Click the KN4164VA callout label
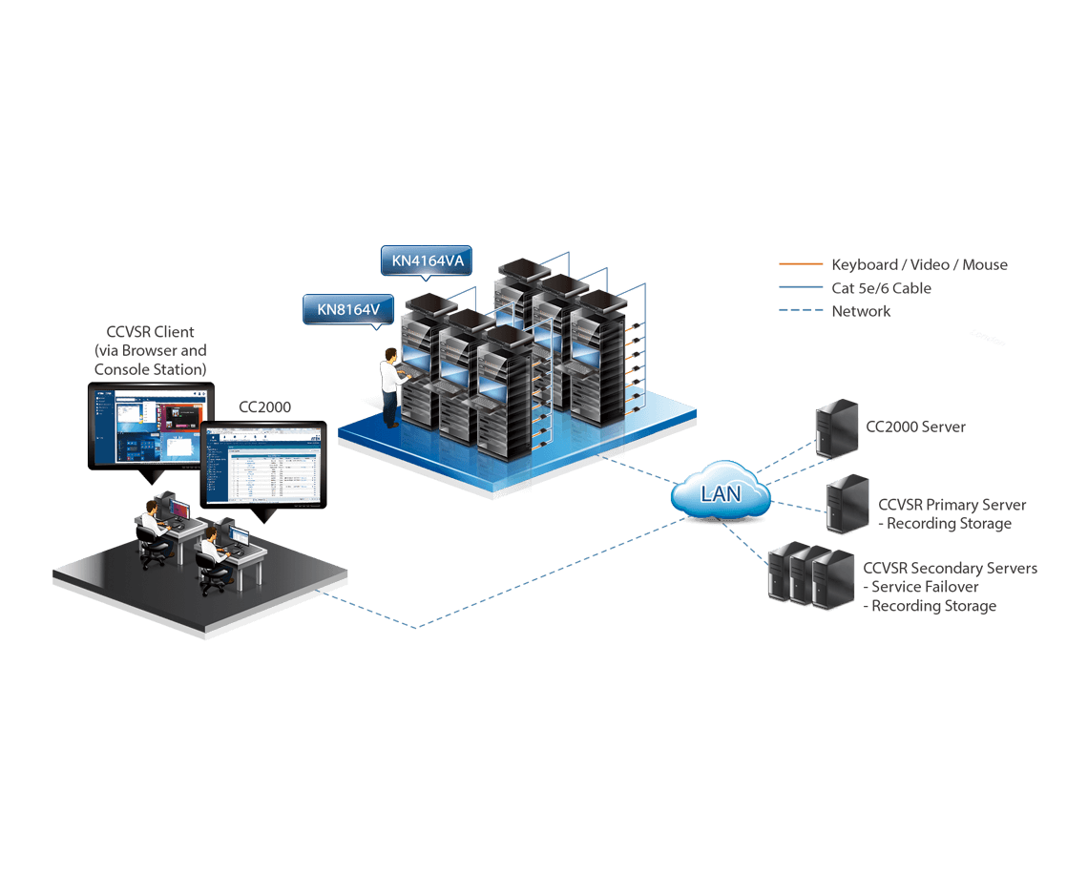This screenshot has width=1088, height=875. click(x=426, y=261)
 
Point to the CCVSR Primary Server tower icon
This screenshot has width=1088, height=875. click(x=847, y=503)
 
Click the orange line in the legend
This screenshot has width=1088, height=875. click(x=800, y=264)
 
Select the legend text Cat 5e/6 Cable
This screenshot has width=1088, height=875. click(x=881, y=288)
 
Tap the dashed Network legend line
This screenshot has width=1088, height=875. click(x=800, y=311)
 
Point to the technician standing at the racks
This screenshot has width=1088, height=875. click(x=389, y=387)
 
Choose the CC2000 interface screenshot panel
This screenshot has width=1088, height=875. click(x=263, y=464)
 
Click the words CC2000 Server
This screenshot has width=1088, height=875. click(x=915, y=427)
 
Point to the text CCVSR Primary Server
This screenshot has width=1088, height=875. click(x=952, y=505)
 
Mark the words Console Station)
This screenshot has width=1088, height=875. click(x=150, y=368)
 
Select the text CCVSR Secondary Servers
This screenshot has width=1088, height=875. click(x=950, y=568)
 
